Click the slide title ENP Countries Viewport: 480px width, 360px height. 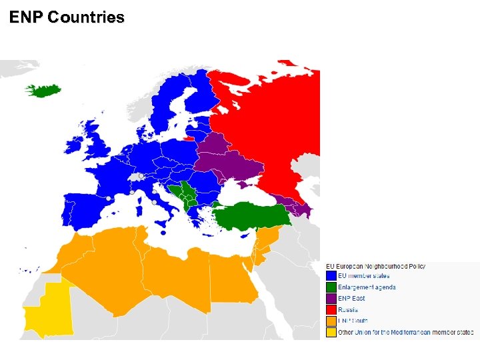click(x=67, y=18)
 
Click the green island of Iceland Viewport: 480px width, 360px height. click(x=45, y=90)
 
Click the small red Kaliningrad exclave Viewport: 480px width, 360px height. click(x=190, y=139)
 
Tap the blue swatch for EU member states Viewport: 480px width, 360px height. click(x=331, y=276)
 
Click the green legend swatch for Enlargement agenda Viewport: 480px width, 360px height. click(x=331, y=287)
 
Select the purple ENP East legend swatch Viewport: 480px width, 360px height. click(x=331, y=299)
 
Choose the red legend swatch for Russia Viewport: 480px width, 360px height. click(x=331, y=310)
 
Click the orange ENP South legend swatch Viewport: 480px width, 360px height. click(x=331, y=321)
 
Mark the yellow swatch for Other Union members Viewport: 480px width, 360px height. click(x=331, y=332)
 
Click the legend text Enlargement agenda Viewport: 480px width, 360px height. click(x=367, y=287)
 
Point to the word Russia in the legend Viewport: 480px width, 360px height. click(x=348, y=310)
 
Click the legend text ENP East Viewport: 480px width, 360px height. click(x=351, y=299)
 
